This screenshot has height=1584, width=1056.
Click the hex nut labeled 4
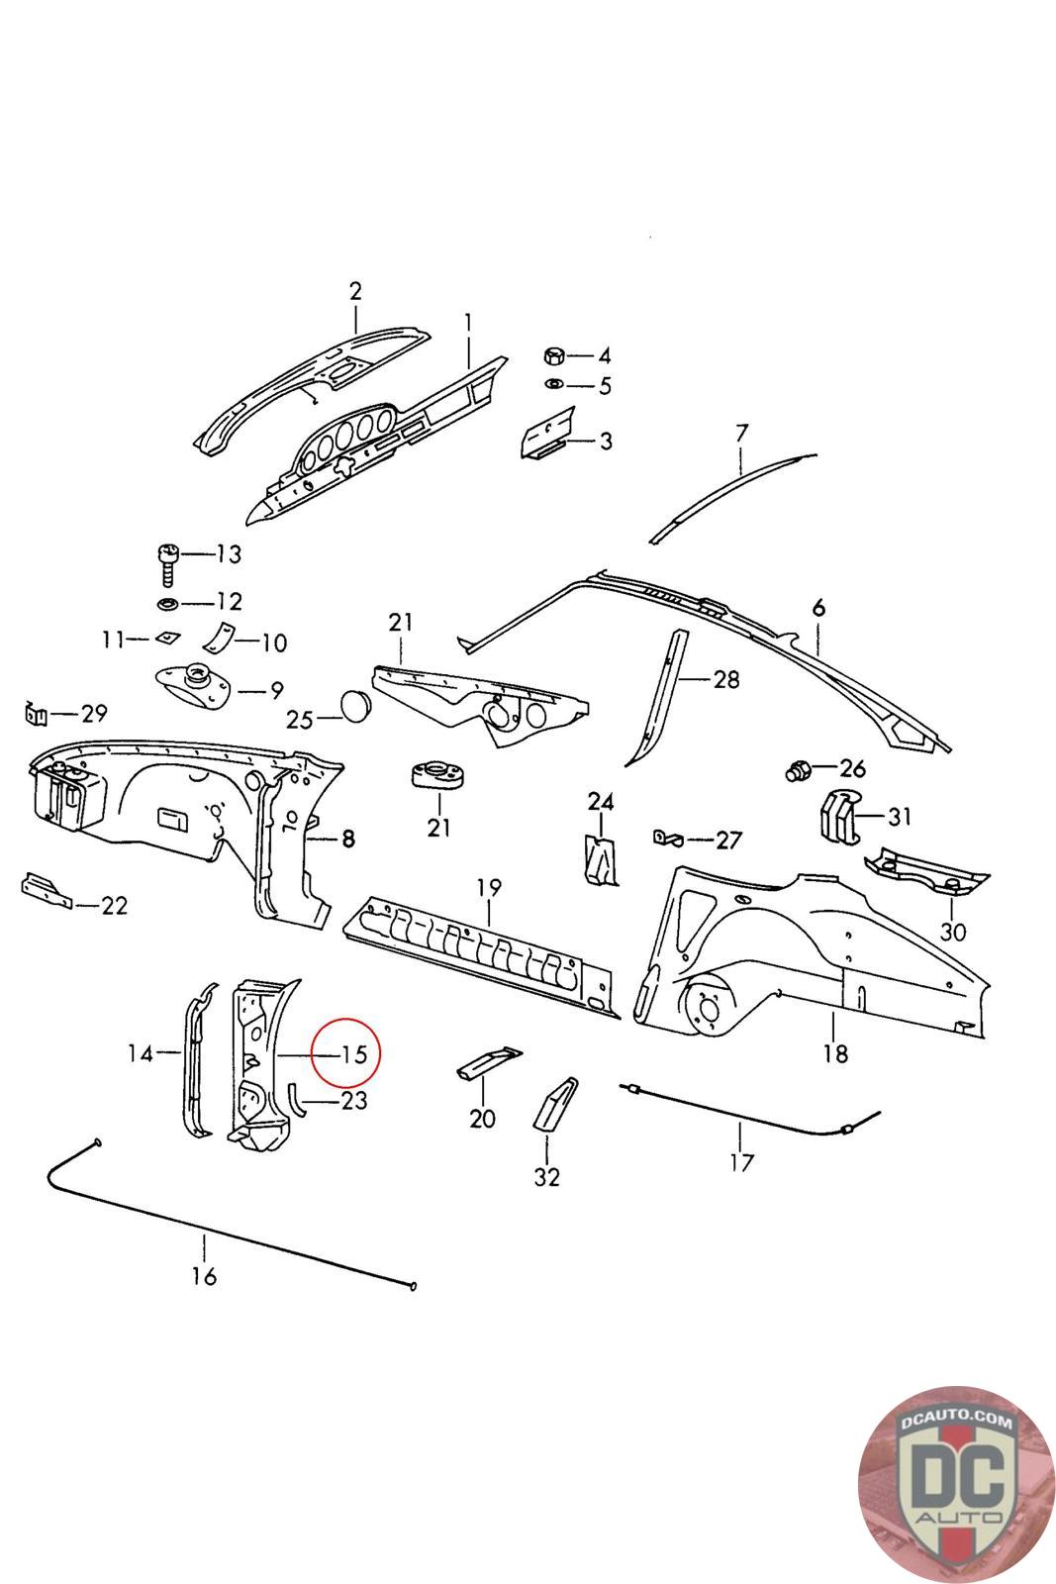point(553,355)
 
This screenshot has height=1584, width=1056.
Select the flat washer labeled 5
point(553,385)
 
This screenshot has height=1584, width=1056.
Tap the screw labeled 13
point(168,564)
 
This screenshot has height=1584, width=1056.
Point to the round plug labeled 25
point(355,707)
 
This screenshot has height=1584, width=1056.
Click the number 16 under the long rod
point(204,1276)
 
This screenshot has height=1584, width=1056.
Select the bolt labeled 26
point(798,771)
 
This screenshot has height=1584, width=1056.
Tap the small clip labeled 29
point(36,715)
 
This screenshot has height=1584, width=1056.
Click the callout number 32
point(547,1177)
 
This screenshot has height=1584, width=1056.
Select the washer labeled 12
point(167,605)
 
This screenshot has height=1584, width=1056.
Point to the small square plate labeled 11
point(167,639)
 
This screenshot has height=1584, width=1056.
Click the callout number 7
point(741,433)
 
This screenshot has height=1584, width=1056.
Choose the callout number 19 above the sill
point(489,887)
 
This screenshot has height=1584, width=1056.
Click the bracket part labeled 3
point(548,433)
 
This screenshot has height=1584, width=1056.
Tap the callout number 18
point(834,1054)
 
